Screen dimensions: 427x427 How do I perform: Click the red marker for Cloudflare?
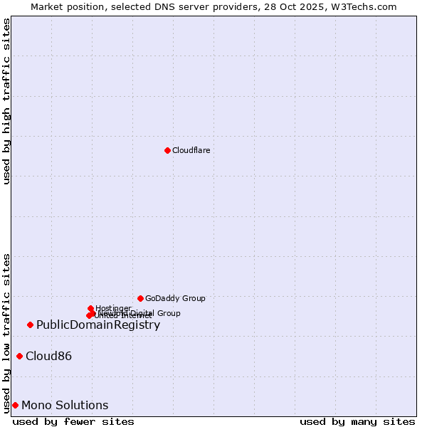(x=167, y=150)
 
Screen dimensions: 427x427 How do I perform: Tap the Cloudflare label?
(x=191, y=150)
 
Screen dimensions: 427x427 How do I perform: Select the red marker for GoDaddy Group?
(x=140, y=298)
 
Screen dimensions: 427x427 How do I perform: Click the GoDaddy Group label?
(x=175, y=298)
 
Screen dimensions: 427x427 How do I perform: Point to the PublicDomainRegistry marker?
(x=30, y=325)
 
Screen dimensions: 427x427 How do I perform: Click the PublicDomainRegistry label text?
(x=98, y=325)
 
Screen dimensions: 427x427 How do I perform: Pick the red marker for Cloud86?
(x=19, y=356)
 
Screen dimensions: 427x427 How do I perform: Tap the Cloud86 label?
(x=48, y=356)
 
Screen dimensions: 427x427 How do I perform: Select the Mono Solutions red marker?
(x=15, y=405)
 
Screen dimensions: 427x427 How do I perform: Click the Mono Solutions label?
(x=65, y=405)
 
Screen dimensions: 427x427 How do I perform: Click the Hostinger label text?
(x=113, y=308)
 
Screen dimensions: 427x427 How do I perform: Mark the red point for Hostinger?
(x=90, y=308)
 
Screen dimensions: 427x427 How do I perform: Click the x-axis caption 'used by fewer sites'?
(x=73, y=421)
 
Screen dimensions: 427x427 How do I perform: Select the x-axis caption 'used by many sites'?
(x=357, y=421)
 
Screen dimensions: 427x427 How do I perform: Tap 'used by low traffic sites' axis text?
(x=7, y=333)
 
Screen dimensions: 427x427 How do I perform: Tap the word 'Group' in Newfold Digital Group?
(x=168, y=313)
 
